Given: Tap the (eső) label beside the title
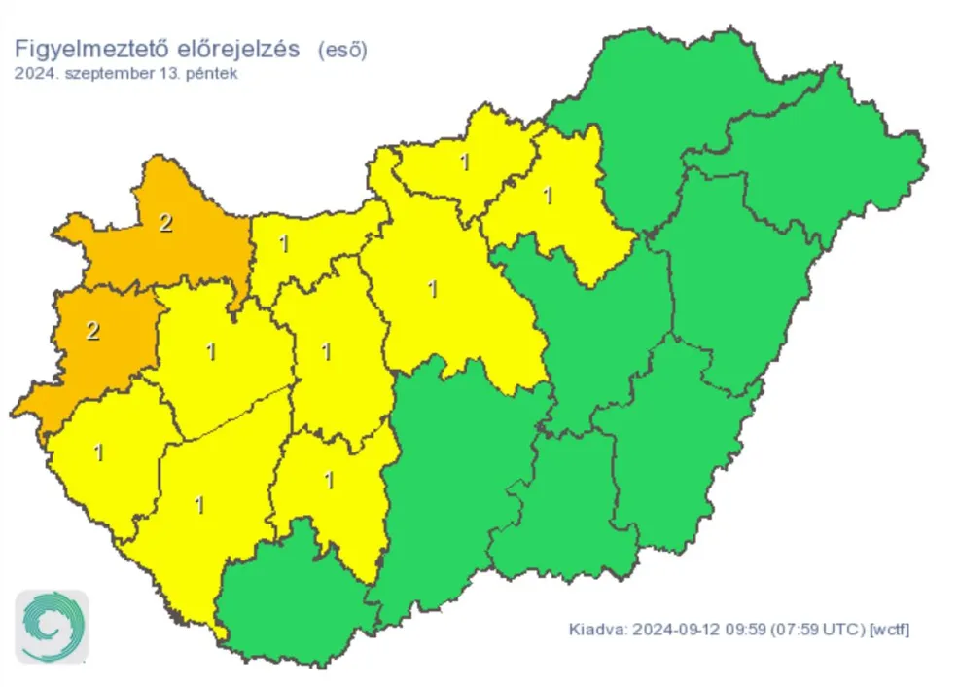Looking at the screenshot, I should (342, 50).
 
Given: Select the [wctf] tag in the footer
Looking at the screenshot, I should (889, 629).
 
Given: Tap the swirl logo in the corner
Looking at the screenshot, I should (52, 627).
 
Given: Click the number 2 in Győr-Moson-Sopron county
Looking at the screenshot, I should (165, 223).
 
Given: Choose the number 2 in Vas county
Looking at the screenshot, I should (93, 331).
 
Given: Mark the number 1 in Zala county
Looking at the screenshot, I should (98, 452).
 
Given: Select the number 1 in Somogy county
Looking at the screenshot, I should (200, 505).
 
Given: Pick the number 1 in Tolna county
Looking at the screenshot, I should (329, 481).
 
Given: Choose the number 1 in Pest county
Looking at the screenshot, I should (432, 289).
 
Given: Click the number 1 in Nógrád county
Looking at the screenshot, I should (464, 163).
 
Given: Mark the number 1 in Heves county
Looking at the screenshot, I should (548, 197).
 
